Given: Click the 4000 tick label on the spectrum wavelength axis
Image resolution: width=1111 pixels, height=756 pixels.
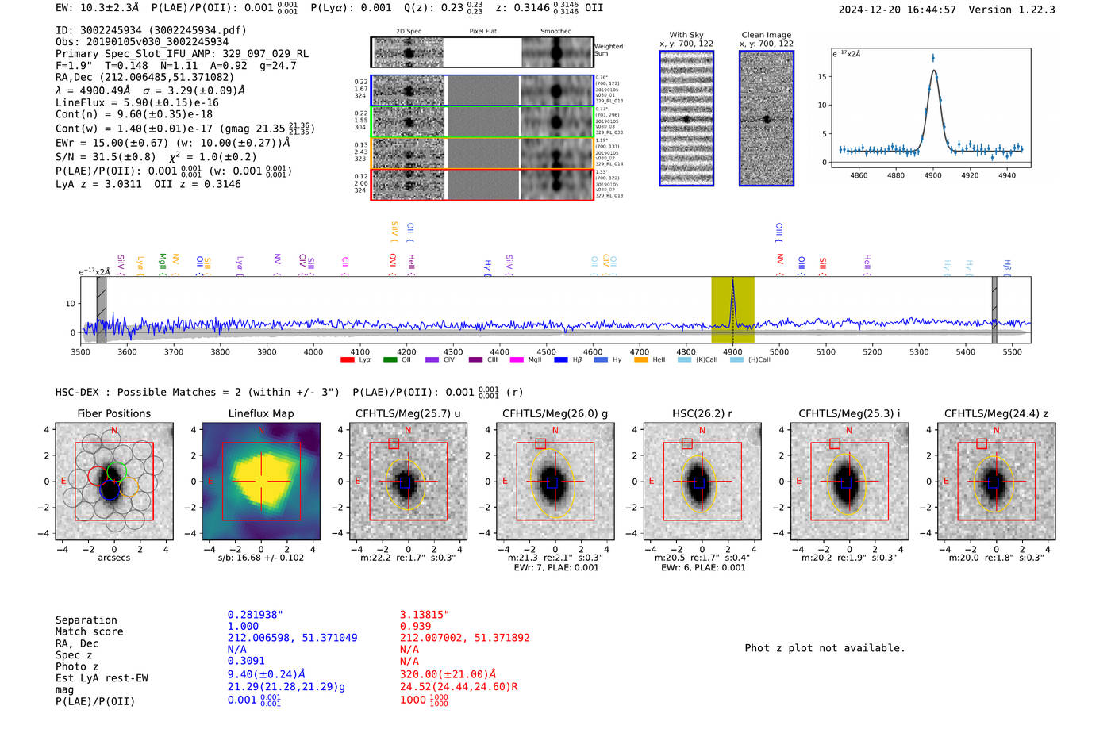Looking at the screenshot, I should coord(313,351).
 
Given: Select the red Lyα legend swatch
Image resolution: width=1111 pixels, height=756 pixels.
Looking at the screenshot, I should coord(347,360).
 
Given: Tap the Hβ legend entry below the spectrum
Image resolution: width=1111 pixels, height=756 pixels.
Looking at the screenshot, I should coord(567,360).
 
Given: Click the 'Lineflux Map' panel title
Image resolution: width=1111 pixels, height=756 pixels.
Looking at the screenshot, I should coord(260,413).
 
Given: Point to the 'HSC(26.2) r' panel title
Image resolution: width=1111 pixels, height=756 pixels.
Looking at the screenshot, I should coord(701,413).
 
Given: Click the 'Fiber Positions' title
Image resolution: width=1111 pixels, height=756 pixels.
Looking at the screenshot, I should coord(113,413).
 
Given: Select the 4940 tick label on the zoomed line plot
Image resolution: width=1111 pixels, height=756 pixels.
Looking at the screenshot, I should coord(1007,175).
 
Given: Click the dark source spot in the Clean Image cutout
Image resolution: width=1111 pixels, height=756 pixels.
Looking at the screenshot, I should coord(767,120).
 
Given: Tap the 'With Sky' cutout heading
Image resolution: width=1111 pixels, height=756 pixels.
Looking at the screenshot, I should coord(686,35).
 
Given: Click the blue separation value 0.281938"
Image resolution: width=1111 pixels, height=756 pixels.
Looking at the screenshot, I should coord(255,615).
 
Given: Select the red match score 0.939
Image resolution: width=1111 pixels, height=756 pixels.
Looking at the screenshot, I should coord(416,626).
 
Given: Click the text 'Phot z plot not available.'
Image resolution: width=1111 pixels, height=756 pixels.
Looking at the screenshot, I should coord(825,648).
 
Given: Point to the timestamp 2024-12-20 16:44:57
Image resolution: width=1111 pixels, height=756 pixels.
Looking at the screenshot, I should coord(897,10).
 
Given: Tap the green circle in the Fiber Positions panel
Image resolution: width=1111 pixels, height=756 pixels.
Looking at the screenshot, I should coord(117,470).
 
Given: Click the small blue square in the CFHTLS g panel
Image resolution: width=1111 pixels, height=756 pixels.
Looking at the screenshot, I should coord(553,482).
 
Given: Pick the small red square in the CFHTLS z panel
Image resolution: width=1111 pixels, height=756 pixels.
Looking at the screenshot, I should coord(982,443).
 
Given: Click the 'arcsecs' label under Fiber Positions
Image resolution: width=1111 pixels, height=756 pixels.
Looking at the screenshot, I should coord(113,558).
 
